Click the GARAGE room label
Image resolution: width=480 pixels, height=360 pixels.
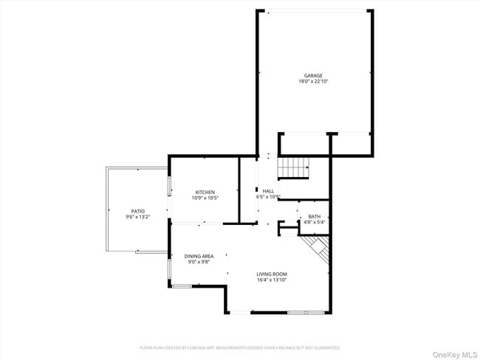coord(313,75)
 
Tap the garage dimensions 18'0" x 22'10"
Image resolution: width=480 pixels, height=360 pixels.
coord(313,81)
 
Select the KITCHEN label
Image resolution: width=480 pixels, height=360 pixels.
coord(205,192)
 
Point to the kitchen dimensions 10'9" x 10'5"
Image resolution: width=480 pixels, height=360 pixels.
coord(205,198)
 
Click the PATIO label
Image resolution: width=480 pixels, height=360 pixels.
coord(138,211)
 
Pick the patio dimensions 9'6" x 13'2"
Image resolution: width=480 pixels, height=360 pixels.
coord(138,217)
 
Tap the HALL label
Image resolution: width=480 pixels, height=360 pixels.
coord(268,191)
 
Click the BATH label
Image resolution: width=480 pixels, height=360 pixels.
coord(315,216)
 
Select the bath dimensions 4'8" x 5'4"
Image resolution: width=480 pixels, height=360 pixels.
coord(315,222)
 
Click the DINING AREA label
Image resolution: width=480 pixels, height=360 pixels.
coord(199,256)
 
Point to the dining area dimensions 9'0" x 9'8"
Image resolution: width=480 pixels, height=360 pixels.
coord(199,262)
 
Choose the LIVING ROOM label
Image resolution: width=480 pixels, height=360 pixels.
coord(272,274)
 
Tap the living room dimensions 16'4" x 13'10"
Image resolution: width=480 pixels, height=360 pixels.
coord(272,280)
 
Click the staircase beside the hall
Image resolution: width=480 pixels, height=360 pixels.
coord(293,168)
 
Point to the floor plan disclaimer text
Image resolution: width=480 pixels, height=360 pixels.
coord(240,347)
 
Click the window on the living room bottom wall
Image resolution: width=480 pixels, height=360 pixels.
coord(305,313)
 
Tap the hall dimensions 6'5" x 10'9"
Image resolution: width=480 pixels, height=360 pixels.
coord(268,197)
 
